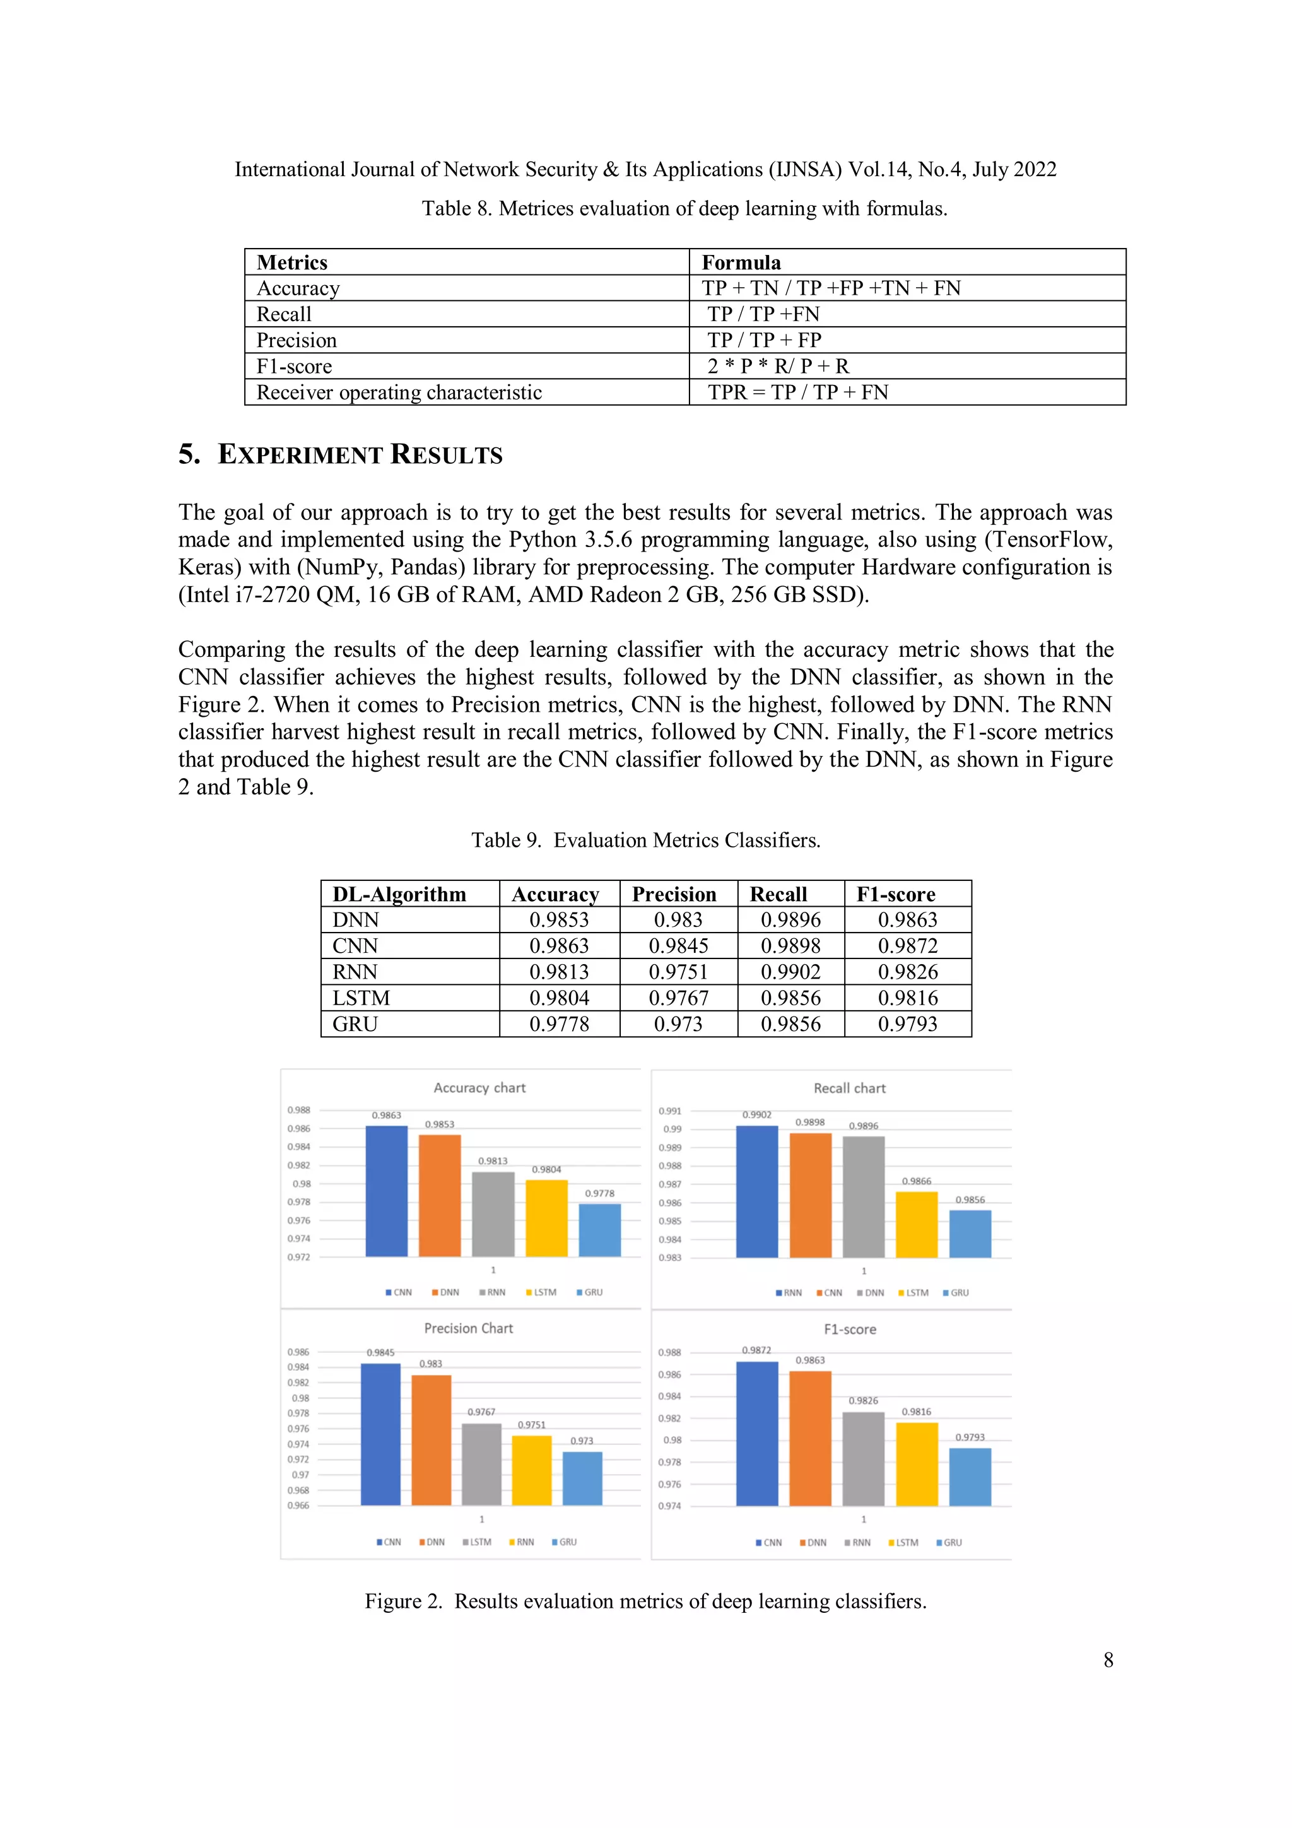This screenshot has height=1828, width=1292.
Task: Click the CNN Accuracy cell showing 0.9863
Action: (x=559, y=946)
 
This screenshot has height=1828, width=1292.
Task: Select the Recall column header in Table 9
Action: (x=778, y=894)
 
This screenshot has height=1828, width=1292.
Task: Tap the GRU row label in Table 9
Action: (x=355, y=1024)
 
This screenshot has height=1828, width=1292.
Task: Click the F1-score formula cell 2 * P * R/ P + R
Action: (x=778, y=366)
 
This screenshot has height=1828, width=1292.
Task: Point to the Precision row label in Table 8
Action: (x=296, y=341)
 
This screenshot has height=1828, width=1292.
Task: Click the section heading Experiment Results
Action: (x=341, y=454)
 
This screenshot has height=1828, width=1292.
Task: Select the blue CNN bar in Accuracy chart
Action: (x=386, y=1191)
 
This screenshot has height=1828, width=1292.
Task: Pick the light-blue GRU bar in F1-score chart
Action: (x=970, y=1477)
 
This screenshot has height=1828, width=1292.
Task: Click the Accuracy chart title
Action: (x=479, y=1088)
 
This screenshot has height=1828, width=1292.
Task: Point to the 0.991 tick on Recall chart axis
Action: (x=669, y=1111)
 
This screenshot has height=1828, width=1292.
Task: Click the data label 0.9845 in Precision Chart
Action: (x=380, y=1353)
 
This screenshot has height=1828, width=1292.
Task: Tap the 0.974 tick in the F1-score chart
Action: (x=669, y=1506)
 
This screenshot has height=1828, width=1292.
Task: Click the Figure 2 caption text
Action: (x=645, y=1601)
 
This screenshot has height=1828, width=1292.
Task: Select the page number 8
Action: (x=1108, y=1660)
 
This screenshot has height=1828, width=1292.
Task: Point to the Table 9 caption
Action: (x=645, y=840)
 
